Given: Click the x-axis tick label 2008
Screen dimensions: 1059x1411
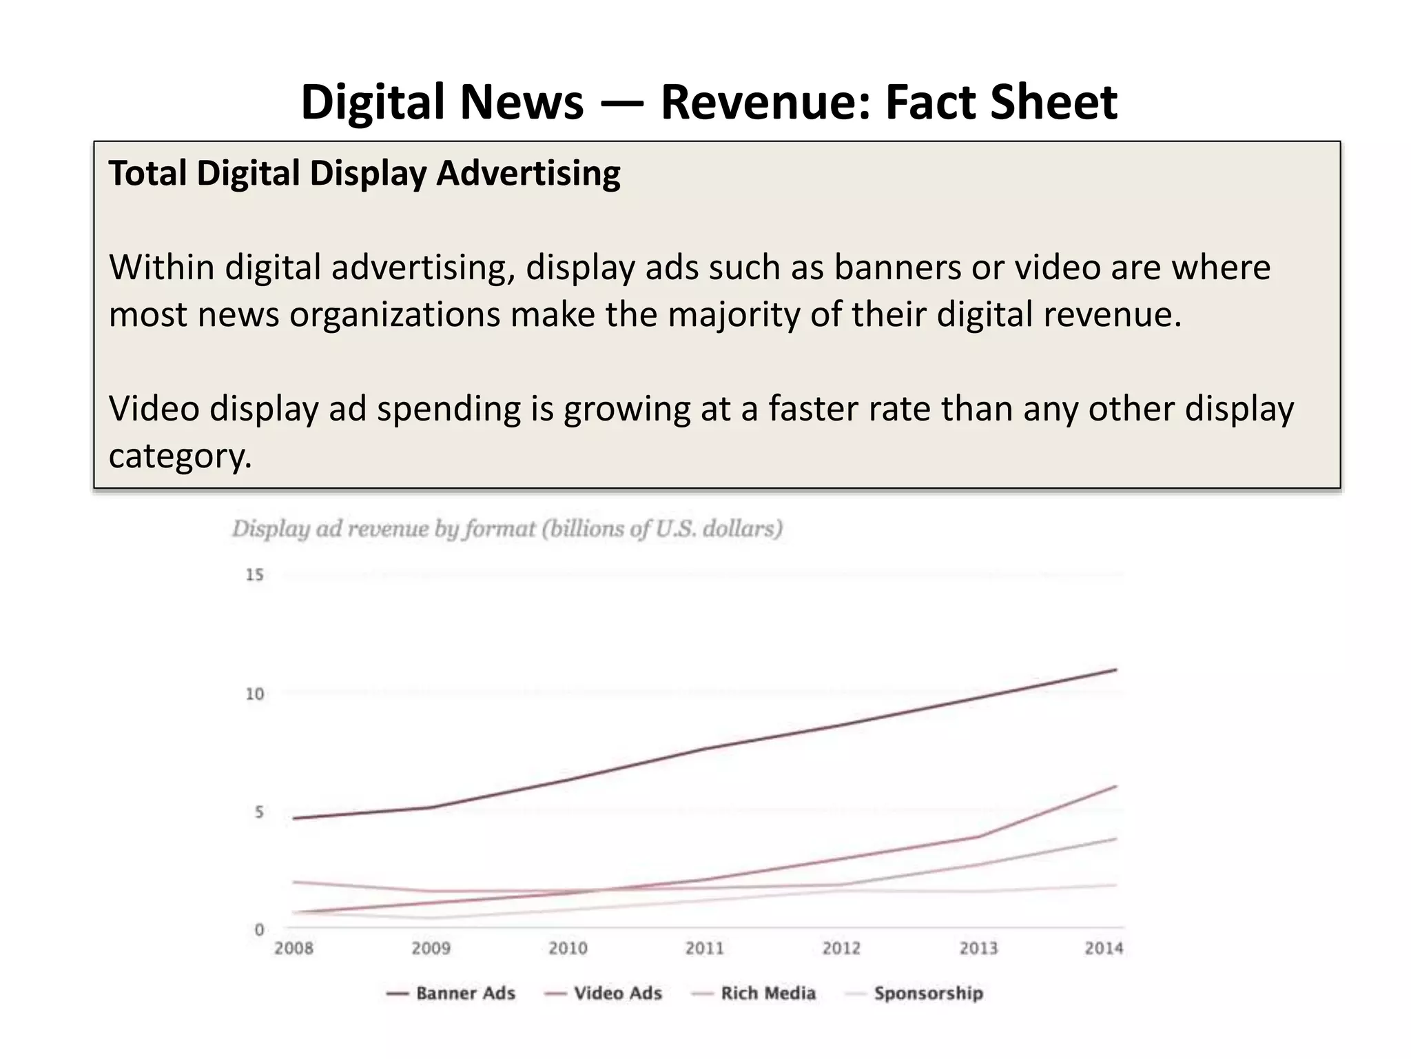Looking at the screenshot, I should (x=293, y=949).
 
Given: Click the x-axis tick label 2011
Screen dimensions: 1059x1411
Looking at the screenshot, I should (x=704, y=949).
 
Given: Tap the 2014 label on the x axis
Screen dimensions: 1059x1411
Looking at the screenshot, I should (x=1104, y=949).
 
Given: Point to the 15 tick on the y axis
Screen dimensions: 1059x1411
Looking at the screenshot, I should (x=255, y=575).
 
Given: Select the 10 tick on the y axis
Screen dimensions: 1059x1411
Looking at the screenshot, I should (x=255, y=694).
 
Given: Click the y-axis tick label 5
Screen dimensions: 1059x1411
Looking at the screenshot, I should (x=259, y=812).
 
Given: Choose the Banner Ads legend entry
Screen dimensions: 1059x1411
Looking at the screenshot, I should (x=465, y=994).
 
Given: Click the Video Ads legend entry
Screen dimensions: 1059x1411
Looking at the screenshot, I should (x=617, y=994).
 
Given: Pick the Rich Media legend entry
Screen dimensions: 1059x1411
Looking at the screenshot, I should (x=768, y=994).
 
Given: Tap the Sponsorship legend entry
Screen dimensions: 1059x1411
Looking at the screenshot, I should (x=928, y=994).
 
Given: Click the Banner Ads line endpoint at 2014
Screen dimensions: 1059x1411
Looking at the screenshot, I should (x=1115, y=669).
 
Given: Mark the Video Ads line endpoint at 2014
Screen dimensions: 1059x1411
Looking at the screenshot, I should (x=1115, y=786).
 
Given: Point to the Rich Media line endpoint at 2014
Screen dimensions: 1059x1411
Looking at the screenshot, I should (x=1115, y=839).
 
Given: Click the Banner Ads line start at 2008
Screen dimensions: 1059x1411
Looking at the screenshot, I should (x=294, y=818).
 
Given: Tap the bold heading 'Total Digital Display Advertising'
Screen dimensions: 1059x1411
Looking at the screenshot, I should (x=364, y=173).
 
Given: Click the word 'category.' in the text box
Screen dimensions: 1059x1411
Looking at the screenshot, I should (x=181, y=456).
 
